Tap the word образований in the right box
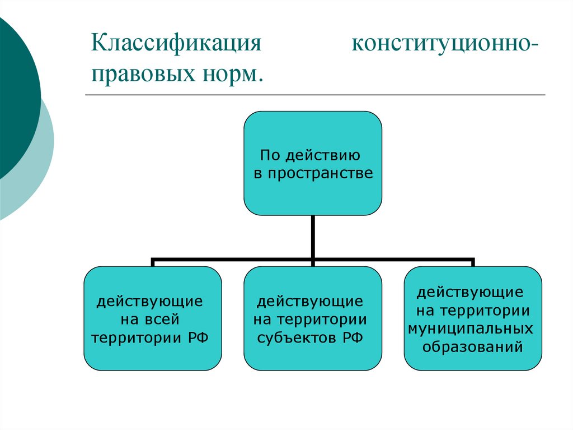click(472, 346)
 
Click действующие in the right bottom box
click(470, 292)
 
